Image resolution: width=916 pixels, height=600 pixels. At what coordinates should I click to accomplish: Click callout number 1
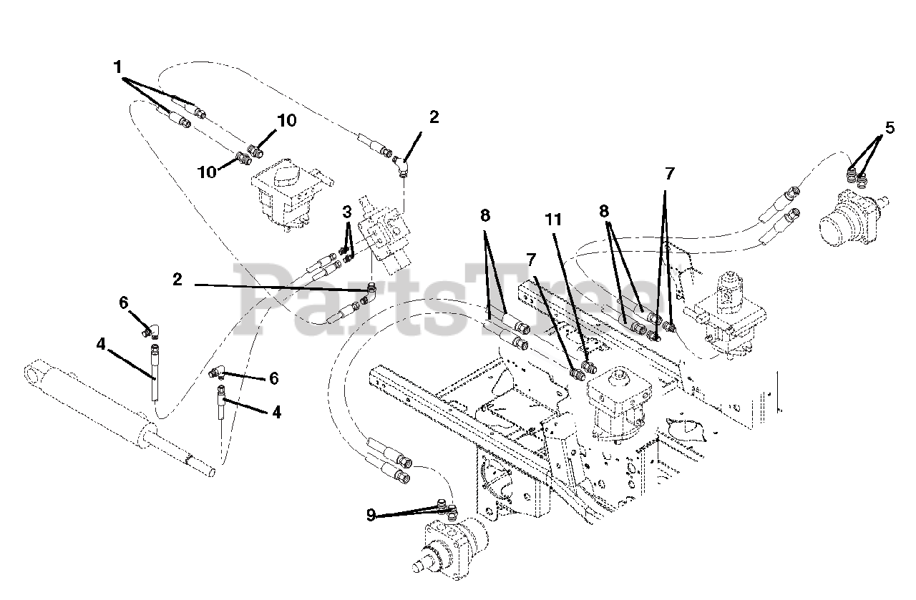(118, 67)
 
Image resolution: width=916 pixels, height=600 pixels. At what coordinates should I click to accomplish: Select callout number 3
(347, 212)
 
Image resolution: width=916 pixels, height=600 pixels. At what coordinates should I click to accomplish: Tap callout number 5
(890, 128)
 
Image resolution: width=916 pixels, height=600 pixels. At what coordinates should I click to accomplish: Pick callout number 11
(553, 220)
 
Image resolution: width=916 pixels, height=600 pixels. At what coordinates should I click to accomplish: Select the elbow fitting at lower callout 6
(217, 372)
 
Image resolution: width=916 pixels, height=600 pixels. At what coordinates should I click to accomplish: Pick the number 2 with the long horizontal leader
(177, 280)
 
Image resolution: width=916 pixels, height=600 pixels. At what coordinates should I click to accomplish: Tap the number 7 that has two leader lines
(669, 174)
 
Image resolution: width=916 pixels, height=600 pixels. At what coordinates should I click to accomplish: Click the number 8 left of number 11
(485, 215)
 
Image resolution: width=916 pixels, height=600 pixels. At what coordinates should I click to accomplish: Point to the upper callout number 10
(286, 121)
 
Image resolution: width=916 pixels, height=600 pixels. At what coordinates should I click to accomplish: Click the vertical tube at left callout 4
(154, 373)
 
